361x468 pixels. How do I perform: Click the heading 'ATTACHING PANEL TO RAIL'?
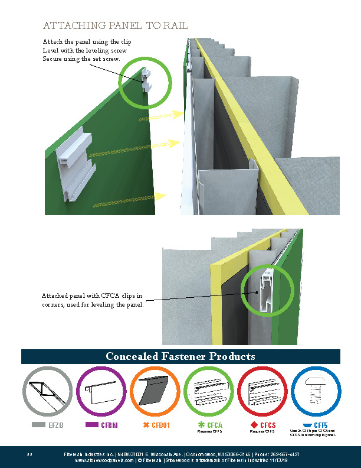pos(116,25)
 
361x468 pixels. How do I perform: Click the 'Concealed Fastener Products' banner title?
pos(180,356)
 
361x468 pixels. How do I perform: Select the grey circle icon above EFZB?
pos(47,392)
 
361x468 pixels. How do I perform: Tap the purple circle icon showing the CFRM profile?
pos(101,392)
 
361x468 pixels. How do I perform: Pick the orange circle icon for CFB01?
pos(155,392)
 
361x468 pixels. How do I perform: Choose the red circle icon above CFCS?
pos(263,392)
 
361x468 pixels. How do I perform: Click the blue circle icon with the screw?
pos(317,392)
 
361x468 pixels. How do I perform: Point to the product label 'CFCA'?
pos(214,425)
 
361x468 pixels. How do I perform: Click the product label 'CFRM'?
pos(108,425)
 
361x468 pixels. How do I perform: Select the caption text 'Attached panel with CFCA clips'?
pos(91,295)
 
